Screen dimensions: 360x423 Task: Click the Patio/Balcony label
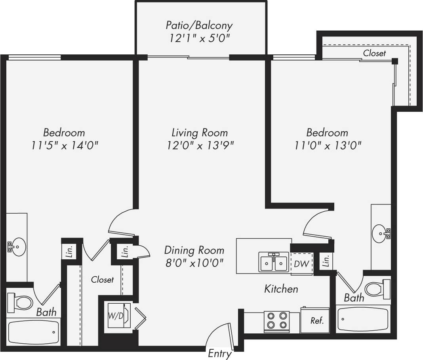click(x=199, y=26)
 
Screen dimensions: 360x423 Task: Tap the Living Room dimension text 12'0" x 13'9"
click(x=200, y=146)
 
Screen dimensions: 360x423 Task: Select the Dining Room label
click(x=194, y=251)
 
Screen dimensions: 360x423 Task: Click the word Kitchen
click(x=281, y=289)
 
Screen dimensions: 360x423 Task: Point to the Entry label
click(x=219, y=354)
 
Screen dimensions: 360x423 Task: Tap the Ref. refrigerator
click(x=315, y=320)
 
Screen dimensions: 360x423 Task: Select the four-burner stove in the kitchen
click(x=276, y=321)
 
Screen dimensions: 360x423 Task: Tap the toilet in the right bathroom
click(x=376, y=289)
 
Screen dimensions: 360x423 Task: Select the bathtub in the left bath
click(x=34, y=332)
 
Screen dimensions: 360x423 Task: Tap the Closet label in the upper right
click(x=374, y=53)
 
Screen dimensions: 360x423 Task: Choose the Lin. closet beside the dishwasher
click(x=326, y=261)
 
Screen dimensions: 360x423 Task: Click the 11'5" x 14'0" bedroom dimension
click(x=65, y=146)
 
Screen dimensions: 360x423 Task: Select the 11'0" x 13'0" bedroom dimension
click(x=328, y=146)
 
